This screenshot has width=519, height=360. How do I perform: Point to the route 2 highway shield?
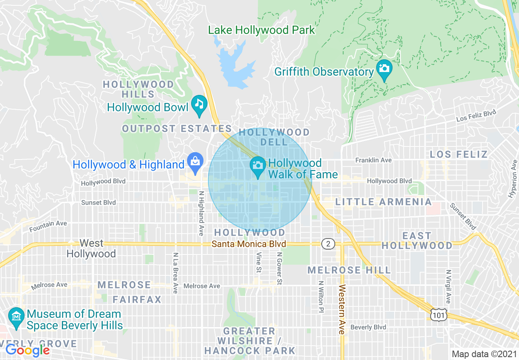click(328, 244)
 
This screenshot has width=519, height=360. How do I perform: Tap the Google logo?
click(27, 350)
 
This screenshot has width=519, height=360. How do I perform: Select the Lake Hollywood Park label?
click(262, 30)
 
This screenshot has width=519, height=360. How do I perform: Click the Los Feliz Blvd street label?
click(476, 116)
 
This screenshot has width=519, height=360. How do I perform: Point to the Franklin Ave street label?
click(373, 160)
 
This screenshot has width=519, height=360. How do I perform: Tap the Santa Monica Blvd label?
click(248, 244)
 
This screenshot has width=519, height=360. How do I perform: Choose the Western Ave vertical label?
click(342, 310)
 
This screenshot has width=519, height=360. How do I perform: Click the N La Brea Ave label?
click(175, 272)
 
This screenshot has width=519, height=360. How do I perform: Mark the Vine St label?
click(259, 262)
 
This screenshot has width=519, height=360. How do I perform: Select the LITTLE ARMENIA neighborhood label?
click(384, 202)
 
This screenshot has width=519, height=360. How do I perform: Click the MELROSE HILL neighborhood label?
click(349, 270)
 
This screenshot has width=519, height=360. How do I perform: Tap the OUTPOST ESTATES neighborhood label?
click(177, 129)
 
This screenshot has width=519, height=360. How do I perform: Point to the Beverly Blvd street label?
click(368, 327)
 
